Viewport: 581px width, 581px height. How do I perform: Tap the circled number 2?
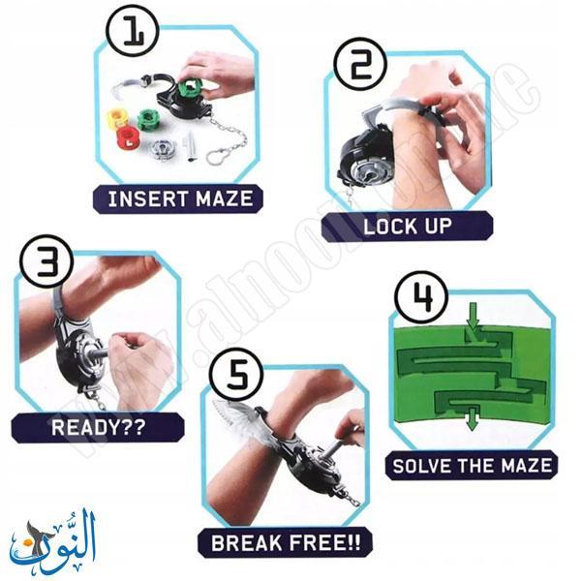(354, 65)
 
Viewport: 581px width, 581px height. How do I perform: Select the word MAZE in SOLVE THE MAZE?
(519, 466)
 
